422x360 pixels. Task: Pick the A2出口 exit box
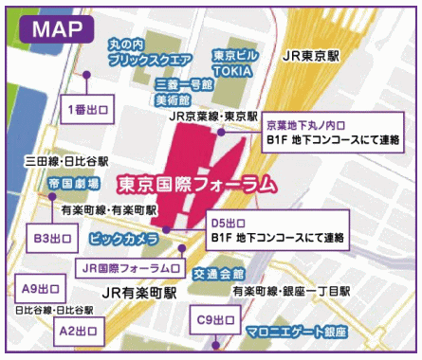point(80,332)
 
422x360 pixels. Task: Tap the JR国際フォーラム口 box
point(129,268)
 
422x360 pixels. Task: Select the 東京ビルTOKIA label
point(233,62)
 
